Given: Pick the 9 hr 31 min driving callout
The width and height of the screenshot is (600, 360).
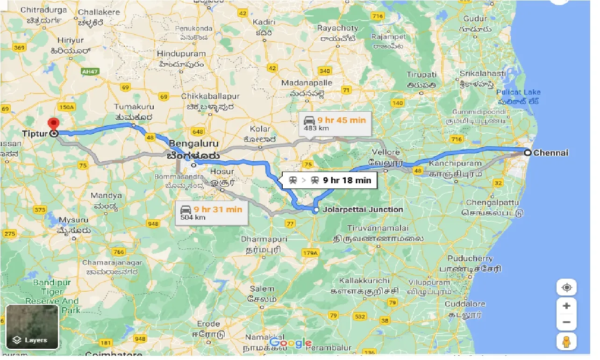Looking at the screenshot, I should pos(211,213).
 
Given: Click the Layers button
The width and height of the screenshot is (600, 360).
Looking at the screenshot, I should pos(32,327).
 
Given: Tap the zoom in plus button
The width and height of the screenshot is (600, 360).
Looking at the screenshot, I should pos(566,306).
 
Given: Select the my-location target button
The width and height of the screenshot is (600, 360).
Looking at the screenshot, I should pos(566,287).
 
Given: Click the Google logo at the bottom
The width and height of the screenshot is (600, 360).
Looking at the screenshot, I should pos(290,343).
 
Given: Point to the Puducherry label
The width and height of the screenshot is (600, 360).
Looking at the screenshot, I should pos(470,259).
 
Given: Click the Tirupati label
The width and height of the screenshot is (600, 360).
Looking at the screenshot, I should pos(421,75).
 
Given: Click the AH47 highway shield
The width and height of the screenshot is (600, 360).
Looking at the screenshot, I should pos(89,72).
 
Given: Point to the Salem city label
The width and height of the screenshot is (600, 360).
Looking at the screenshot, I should pos(262,289).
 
